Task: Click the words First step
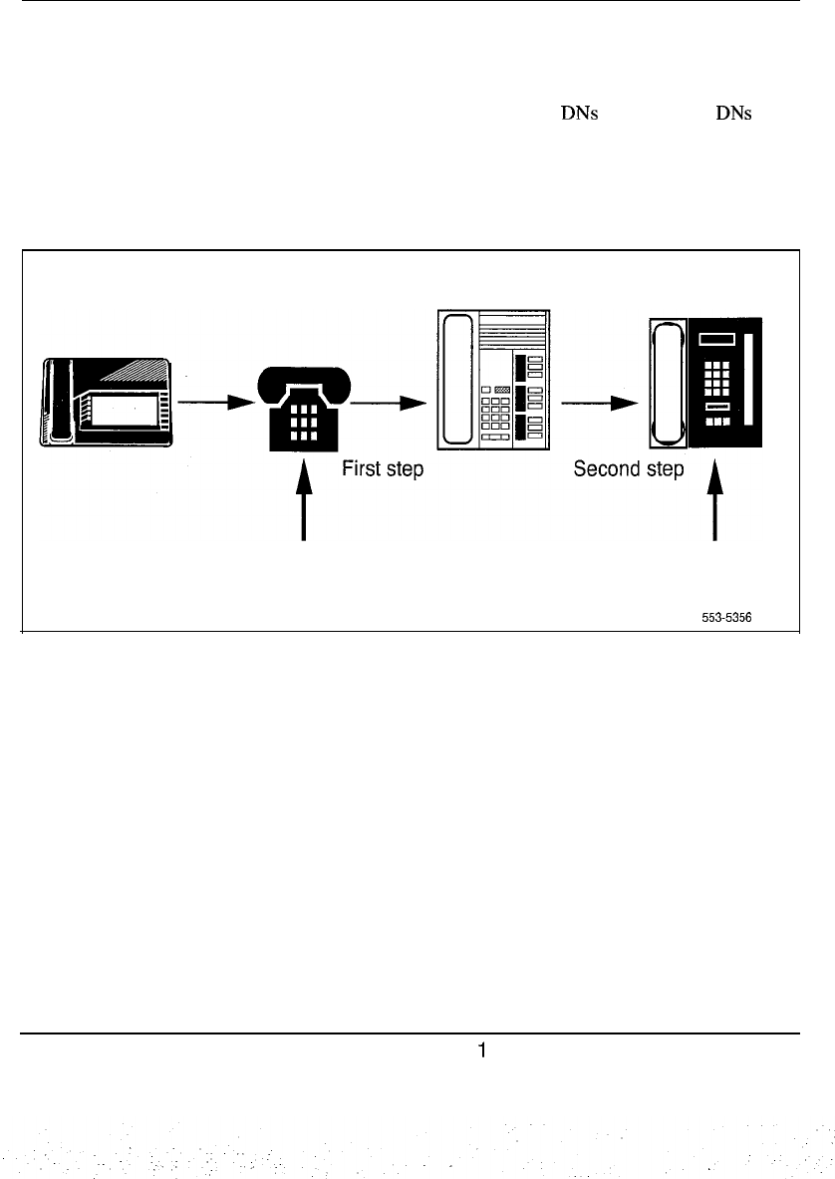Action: pos(384,469)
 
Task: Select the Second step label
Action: pos(629,469)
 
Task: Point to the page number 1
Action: pos(481,1049)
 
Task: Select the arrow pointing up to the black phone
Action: pos(306,503)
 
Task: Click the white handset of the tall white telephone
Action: pos(457,379)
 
